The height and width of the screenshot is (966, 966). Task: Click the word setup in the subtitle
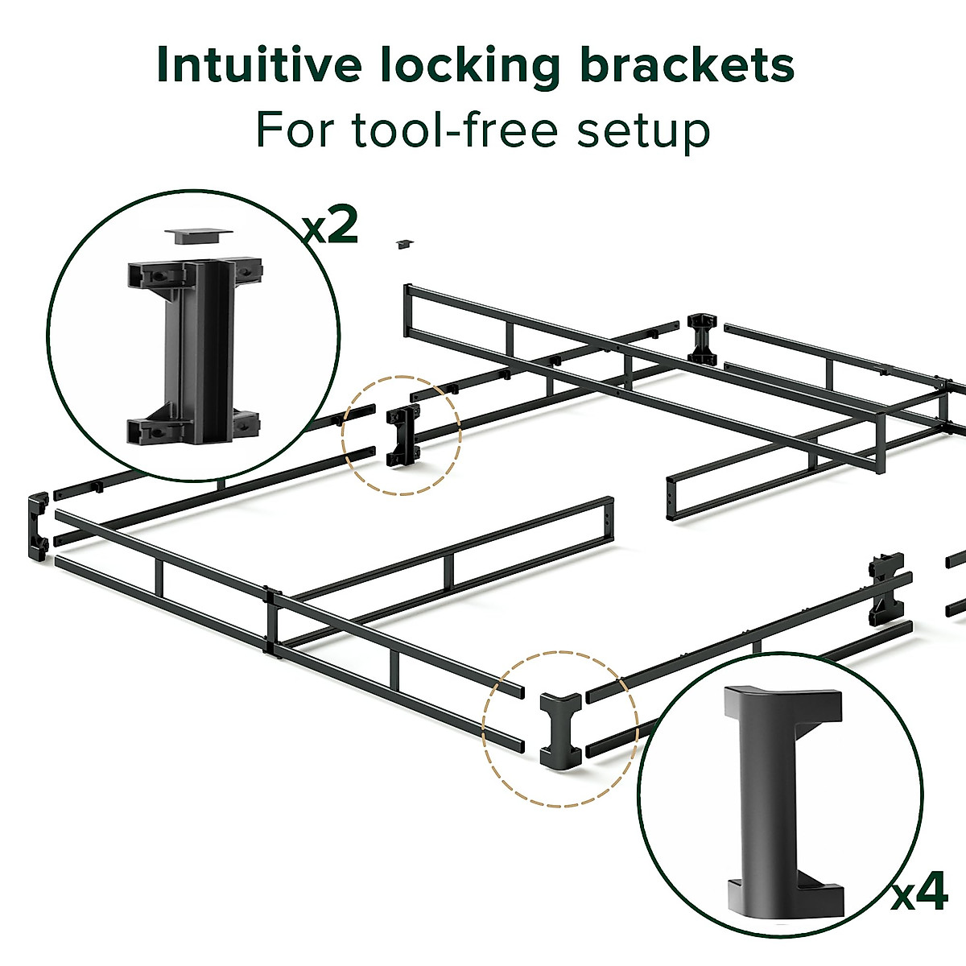coord(642,131)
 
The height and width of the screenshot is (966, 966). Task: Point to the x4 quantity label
coord(919,894)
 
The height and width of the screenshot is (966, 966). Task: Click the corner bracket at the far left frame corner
coord(37,528)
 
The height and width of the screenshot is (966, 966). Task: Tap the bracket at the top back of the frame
coord(702,337)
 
